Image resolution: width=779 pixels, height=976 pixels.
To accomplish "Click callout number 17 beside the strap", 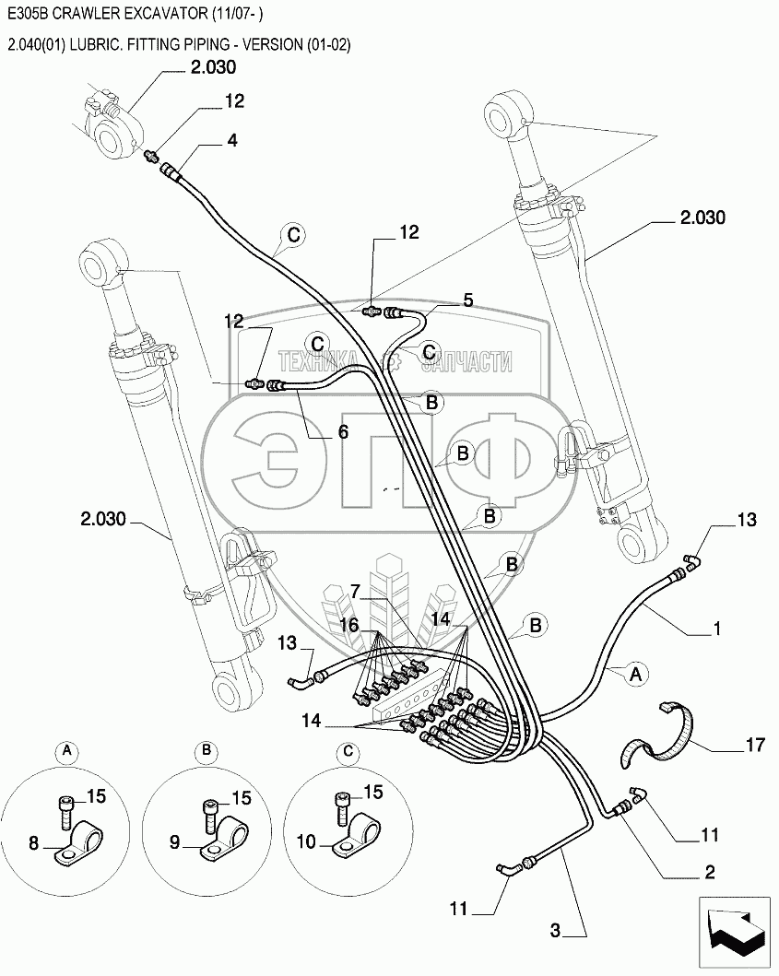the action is (x=754, y=744).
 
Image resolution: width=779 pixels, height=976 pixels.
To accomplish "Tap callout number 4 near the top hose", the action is (x=231, y=140).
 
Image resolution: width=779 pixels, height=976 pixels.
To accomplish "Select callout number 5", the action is (x=467, y=300).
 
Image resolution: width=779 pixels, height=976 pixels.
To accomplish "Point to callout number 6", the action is (x=343, y=431).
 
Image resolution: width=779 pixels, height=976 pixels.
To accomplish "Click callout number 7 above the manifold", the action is (x=355, y=592).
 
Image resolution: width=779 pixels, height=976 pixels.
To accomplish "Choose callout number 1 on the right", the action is (x=716, y=629).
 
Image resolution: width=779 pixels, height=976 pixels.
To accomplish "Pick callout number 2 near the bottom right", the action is (x=710, y=872).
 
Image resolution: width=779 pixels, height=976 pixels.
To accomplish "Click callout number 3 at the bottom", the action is (x=555, y=931).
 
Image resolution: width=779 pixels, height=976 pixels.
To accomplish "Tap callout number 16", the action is (x=349, y=624).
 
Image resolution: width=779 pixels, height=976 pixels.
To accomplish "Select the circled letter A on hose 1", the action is (x=634, y=674).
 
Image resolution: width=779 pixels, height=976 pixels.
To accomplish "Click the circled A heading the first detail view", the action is (x=66, y=752).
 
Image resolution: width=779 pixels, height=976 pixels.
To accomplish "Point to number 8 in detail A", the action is (x=34, y=843).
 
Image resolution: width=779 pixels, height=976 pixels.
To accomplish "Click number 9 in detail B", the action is (x=175, y=842).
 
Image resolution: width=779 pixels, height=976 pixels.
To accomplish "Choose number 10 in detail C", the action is (x=306, y=842).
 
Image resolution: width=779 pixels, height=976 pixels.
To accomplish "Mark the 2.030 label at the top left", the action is (x=213, y=67).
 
